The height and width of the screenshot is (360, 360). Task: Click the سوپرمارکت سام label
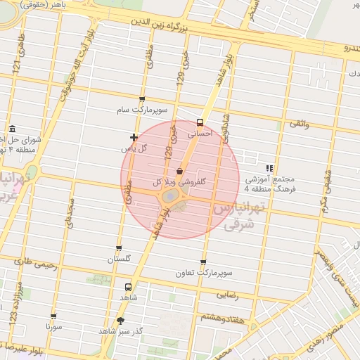(143, 111)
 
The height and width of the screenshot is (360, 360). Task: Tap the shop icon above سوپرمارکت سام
(143, 99)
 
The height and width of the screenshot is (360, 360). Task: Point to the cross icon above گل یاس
(134, 137)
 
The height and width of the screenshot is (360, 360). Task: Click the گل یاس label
(134, 148)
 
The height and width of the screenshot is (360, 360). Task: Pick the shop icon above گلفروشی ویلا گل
(179, 171)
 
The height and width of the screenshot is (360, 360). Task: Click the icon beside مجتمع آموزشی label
(269, 168)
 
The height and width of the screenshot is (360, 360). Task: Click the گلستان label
(119, 259)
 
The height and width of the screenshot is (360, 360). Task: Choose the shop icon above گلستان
(118, 248)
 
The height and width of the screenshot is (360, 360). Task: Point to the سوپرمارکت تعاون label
(204, 272)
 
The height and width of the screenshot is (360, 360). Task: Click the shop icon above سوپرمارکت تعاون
(203, 262)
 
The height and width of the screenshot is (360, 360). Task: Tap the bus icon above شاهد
(128, 287)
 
